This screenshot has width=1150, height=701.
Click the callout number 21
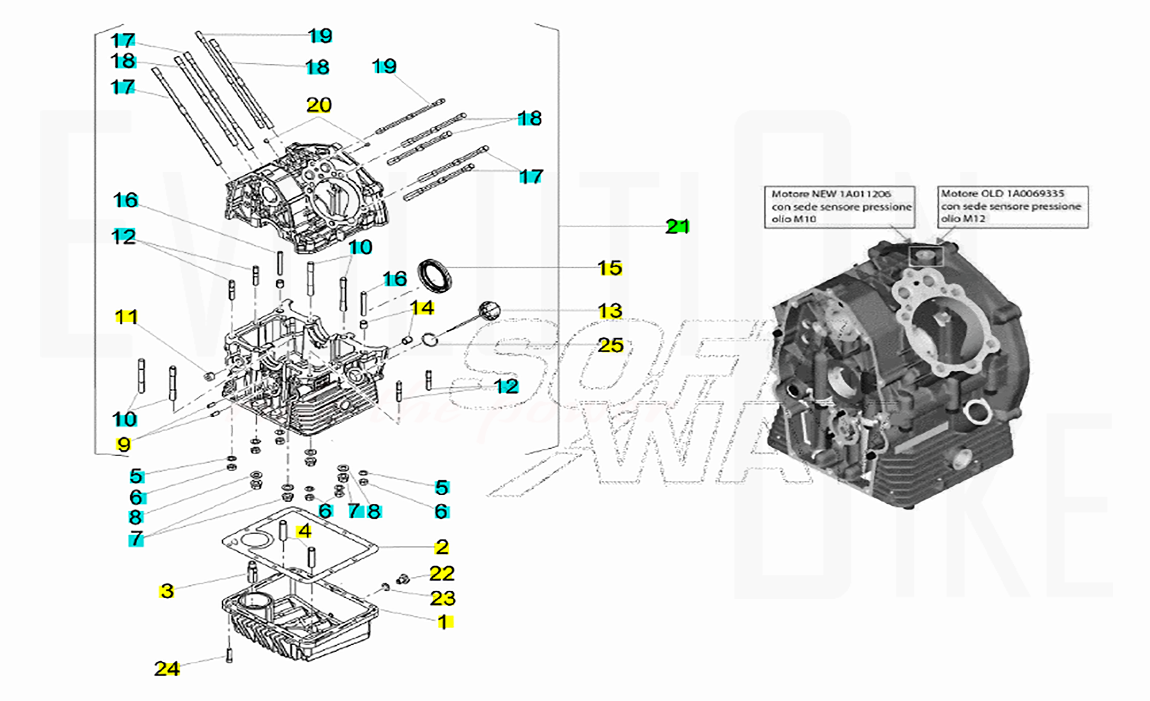pyautogui.click(x=677, y=226)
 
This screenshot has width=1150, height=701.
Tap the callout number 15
pyautogui.click(x=609, y=268)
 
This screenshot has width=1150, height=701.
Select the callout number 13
pyautogui.click(x=609, y=311)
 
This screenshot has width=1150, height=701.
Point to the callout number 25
pyautogui.click(x=610, y=345)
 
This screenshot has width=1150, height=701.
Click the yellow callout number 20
pyautogui.click(x=319, y=105)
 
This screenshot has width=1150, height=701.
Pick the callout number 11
pyautogui.click(x=126, y=317)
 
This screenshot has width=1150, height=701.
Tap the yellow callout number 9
pyautogui.click(x=124, y=444)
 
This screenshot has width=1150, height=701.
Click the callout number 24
pyautogui.click(x=167, y=669)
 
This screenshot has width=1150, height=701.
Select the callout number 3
pyautogui.click(x=167, y=591)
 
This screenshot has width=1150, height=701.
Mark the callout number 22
pyautogui.click(x=442, y=573)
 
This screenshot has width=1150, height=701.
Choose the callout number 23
pyautogui.click(x=442, y=599)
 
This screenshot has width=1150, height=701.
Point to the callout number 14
pyautogui.click(x=422, y=308)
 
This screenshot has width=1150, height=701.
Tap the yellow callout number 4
pyautogui.click(x=304, y=531)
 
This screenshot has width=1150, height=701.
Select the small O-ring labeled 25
pyautogui.click(x=430, y=340)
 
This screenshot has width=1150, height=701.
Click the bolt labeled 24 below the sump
pyautogui.click(x=230, y=655)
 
